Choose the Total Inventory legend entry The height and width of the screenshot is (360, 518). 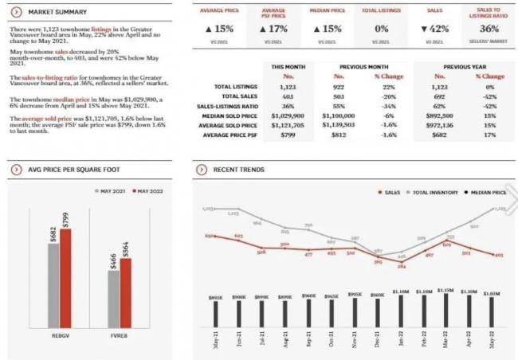434,192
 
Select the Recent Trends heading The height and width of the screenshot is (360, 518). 238,170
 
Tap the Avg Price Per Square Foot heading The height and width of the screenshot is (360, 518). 67,170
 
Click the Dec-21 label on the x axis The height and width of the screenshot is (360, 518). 379,338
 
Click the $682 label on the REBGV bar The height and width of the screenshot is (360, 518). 52,233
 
